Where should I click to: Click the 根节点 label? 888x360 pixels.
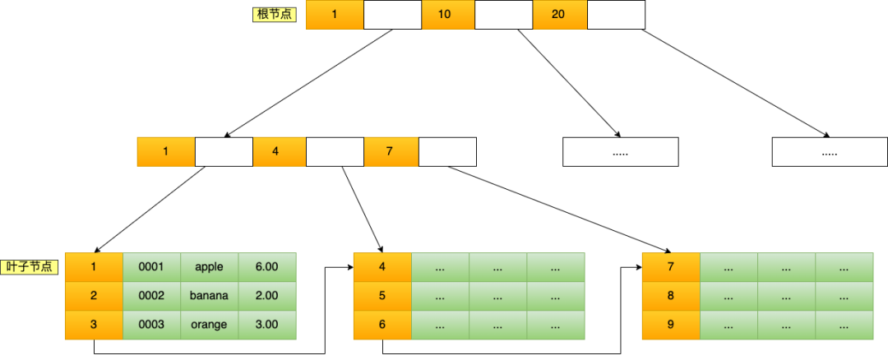(x=275, y=15)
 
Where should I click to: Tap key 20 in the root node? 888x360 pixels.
(x=559, y=15)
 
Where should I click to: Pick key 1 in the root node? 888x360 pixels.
(x=334, y=15)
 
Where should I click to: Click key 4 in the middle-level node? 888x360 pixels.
(x=279, y=152)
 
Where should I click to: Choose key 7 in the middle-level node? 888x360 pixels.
(x=391, y=152)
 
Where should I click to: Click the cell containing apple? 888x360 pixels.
(x=209, y=266)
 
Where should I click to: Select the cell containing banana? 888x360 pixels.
(x=209, y=295)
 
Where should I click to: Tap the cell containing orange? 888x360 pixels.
(x=209, y=325)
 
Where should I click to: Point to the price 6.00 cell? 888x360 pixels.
(x=266, y=266)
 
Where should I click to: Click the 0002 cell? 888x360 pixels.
(x=151, y=295)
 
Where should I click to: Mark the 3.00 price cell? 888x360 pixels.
(x=266, y=325)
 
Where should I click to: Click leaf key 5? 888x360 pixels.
(x=382, y=295)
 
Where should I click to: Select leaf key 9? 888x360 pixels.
(x=671, y=325)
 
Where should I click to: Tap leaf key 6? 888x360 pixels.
(x=382, y=325)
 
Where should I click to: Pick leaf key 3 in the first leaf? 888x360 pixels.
(x=94, y=325)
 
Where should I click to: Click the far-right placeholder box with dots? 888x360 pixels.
(x=830, y=152)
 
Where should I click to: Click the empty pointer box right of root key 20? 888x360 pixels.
(x=616, y=15)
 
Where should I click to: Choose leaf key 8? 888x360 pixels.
(x=671, y=295)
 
